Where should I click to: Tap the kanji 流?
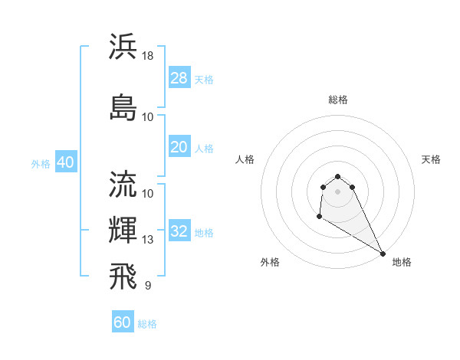point(123,184)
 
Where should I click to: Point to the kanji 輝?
point(123,230)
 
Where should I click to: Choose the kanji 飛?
point(123,277)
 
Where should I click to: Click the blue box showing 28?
point(179,78)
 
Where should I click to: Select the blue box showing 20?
point(179,147)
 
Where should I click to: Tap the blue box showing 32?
point(179,232)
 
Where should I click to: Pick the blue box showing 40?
point(65,162)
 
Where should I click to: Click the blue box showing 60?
point(123,322)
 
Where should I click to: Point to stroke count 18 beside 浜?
point(149,55)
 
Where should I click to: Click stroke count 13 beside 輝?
point(149,240)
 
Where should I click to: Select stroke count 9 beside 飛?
point(147,286)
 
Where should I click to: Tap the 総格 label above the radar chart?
point(338,100)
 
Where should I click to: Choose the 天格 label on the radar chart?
point(432,159)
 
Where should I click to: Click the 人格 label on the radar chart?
point(245,159)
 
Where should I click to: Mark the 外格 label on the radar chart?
point(270,262)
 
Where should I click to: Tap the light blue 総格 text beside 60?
point(147,324)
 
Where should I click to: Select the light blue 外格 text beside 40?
point(41,164)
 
